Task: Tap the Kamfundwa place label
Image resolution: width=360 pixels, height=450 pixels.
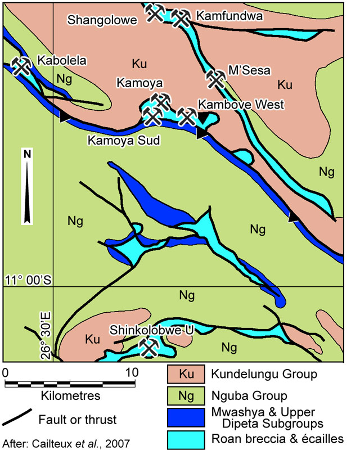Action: [224, 17]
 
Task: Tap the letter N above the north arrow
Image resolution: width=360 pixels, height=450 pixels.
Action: [27, 154]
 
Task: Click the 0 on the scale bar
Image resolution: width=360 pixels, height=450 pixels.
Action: [6, 372]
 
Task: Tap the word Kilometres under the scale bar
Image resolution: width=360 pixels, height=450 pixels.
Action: [70, 396]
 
